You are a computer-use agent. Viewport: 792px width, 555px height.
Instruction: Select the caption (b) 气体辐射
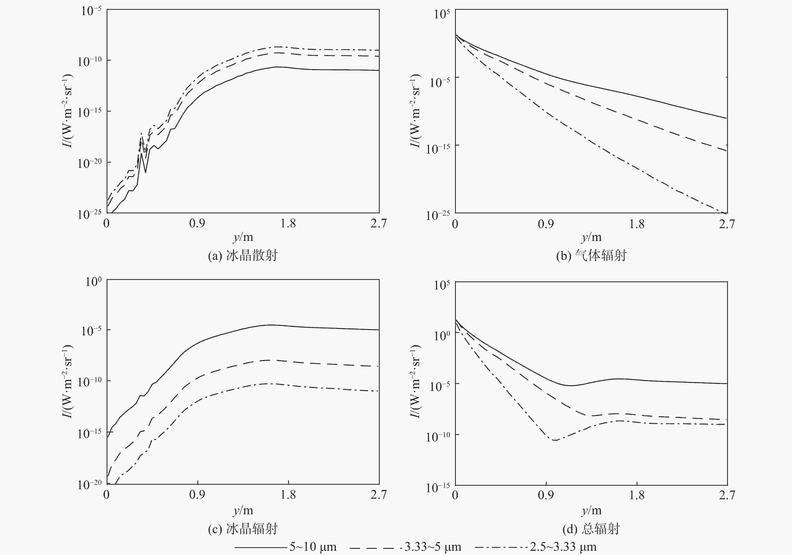591,256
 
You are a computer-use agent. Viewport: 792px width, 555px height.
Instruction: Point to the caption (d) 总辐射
591,528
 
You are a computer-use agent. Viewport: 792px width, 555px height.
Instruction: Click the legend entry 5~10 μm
313,547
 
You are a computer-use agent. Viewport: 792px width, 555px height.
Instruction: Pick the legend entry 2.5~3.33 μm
563,547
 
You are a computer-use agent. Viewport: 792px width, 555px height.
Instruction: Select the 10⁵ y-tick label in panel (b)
442,14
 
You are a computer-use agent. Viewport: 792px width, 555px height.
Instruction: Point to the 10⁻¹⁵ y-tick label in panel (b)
438,148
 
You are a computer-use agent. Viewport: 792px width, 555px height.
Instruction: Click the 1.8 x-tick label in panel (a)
288,223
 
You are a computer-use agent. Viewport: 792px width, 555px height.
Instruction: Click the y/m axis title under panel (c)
243,511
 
